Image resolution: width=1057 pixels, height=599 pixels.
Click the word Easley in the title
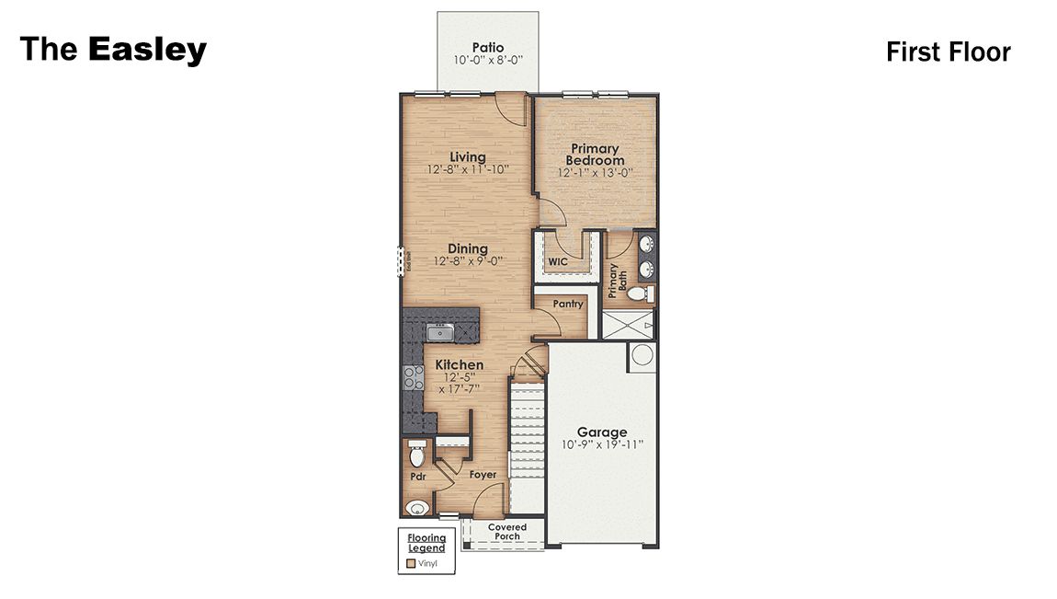click(x=147, y=50)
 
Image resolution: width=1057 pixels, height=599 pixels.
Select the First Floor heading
click(x=948, y=52)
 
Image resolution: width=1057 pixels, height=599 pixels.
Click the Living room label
click(x=467, y=157)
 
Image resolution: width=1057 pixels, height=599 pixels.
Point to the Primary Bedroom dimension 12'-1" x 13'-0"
click(x=595, y=172)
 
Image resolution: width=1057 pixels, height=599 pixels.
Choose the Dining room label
click(x=467, y=249)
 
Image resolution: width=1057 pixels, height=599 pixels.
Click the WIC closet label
click(x=558, y=262)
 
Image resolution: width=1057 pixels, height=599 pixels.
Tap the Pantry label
click(x=568, y=304)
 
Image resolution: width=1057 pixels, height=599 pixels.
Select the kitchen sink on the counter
click(x=440, y=332)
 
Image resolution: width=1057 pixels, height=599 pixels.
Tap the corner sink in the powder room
click(x=417, y=506)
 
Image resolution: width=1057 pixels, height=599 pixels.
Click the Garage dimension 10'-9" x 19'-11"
click(x=602, y=444)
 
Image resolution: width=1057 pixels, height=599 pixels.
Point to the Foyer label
click(x=483, y=475)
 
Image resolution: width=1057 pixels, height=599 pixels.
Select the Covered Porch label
click(x=506, y=532)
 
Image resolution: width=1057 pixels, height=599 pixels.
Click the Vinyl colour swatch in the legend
click(x=411, y=561)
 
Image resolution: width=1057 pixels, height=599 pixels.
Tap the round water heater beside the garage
click(x=642, y=356)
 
